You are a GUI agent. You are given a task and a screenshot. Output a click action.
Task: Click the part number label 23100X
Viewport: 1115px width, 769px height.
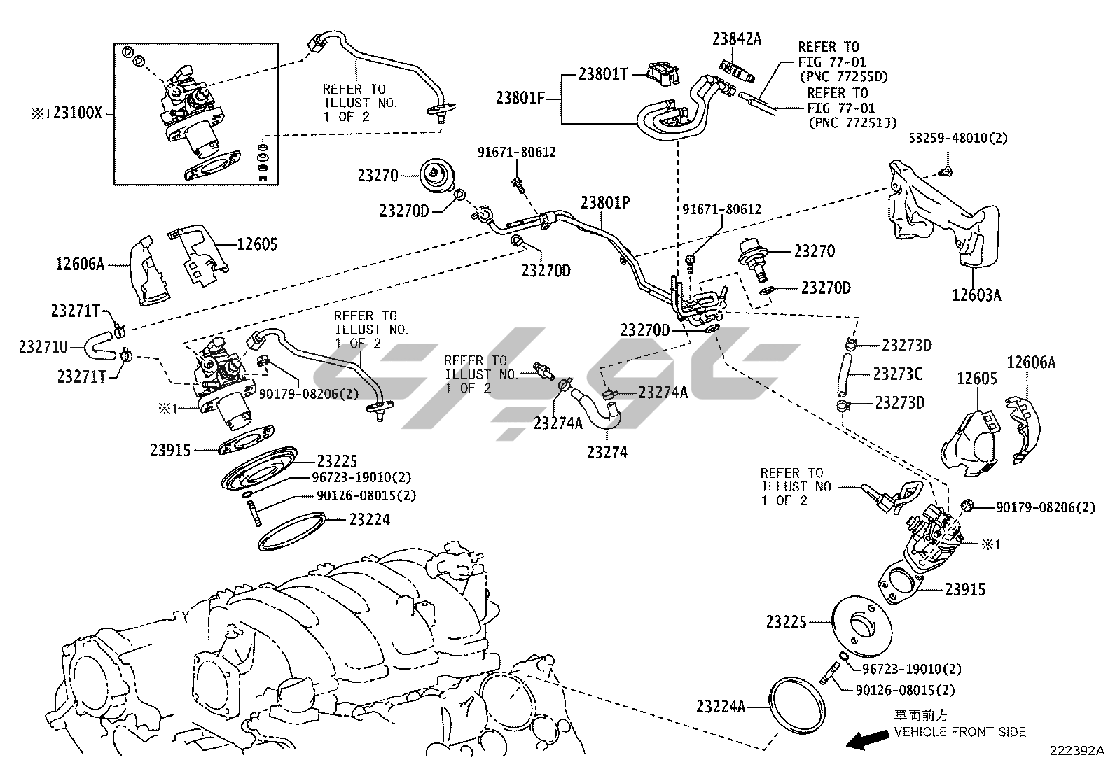[78, 113]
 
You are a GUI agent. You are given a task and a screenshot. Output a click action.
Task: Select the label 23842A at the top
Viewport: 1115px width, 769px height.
[736, 38]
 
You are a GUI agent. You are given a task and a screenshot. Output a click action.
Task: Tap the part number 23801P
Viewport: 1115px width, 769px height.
[605, 202]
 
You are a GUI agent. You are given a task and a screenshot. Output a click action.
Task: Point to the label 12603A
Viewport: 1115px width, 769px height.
[976, 295]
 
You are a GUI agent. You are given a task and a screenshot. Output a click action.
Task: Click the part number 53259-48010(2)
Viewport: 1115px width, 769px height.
[958, 138]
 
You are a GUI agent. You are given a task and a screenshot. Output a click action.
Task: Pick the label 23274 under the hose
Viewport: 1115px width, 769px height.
[607, 452]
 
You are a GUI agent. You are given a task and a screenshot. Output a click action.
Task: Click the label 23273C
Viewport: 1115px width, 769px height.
[897, 374]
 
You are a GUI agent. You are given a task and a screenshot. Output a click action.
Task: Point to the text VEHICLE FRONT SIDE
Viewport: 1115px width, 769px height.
[960, 732]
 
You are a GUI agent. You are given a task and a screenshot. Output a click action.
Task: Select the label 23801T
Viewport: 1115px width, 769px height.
[602, 73]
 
